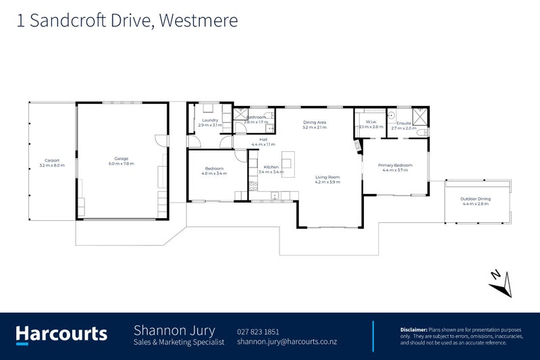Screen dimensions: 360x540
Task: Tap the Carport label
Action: click(x=52, y=161)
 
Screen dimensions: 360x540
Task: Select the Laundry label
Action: click(x=209, y=120)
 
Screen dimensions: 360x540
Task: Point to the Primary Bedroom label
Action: click(x=395, y=165)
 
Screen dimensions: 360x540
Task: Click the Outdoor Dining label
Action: click(x=475, y=199)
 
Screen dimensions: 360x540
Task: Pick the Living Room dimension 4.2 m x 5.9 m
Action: click(x=327, y=182)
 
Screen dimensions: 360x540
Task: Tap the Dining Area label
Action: click(x=315, y=122)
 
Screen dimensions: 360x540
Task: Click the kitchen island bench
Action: click(x=287, y=162)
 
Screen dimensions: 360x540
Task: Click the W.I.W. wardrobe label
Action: click(x=371, y=122)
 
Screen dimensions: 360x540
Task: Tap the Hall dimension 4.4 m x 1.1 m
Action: click(x=263, y=145)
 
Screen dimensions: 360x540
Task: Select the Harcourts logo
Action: click(x=61, y=334)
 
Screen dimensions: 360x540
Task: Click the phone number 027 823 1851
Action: click(x=258, y=331)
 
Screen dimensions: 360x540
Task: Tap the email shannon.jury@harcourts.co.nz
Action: click(x=287, y=342)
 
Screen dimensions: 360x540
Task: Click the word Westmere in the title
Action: click(x=200, y=20)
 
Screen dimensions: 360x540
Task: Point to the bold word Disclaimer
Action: click(x=413, y=328)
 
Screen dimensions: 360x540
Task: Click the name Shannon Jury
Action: click(x=174, y=330)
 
